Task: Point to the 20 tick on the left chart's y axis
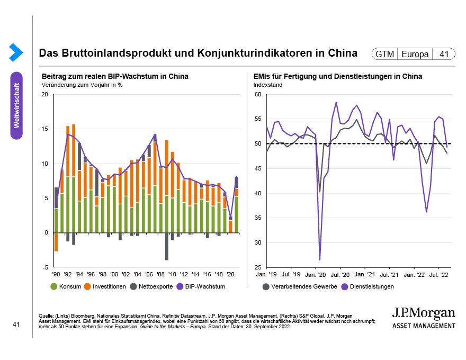pyautogui.click(x=44, y=95)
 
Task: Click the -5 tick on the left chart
pyautogui.click(x=46, y=267)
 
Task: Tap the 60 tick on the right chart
pyautogui.click(x=258, y=95)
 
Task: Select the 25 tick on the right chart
pyautogui.click(x=258, y=267)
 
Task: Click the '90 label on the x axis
pyautogui.click(x=56, y=275)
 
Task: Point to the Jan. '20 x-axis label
pyautogui.click(x=316, y=275)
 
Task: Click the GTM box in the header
pyautogui.click(x=385, y=54)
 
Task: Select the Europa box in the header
pyautogui.click(x=416, y=54)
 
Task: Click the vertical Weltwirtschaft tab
pyautogui.click(x=16, y=105)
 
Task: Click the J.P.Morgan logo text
pyautogui.click(x=423, y=312)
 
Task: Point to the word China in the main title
pyautogui.click(x=343, y=54)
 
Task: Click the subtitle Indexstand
pyautogui.click(x=268, y=85)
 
